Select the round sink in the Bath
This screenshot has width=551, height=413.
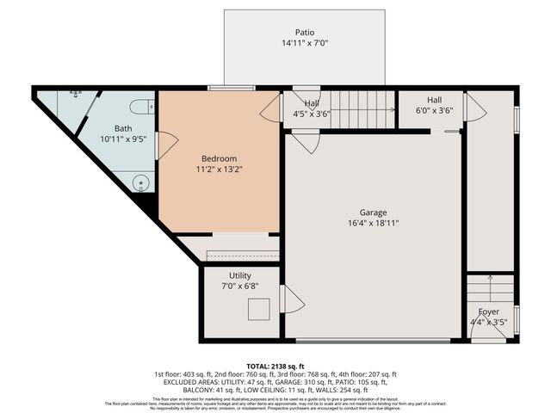pyautogui.click(x=142, y=182)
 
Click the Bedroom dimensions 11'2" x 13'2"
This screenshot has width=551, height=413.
pyautogui.click(x=219, y=170)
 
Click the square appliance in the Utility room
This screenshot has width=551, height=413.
pyautogui.click(x=258, y=308)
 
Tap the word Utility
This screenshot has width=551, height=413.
pyautogui.click(x=239, y=275)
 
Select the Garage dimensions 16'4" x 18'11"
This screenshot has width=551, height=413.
pyautogui.click(x=373, y=223)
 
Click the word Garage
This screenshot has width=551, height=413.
pyautogui.click(x=373, y=212)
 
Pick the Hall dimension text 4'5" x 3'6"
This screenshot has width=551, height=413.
pyautogui.click(x=312, y=113)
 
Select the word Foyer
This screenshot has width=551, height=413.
pyautogui.click(x=488, y=311)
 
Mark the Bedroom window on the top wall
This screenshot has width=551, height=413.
pyautogui.click(x=226, y=88)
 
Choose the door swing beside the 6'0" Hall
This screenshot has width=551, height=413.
pyautogui.click(x=474, y=108)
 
